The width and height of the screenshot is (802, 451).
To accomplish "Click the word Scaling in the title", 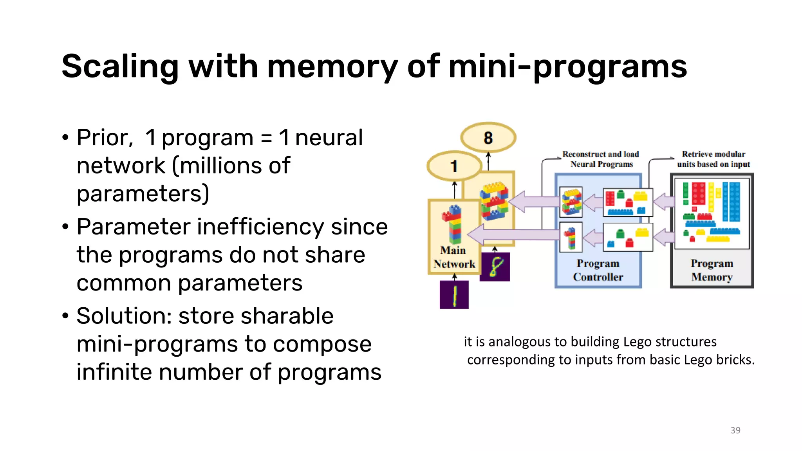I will pos(120,67).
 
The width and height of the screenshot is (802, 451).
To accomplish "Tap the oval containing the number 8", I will pos(488,137).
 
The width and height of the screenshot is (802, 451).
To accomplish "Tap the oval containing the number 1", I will pos(454,166).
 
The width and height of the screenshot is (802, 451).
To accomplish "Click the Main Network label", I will pos(453,257).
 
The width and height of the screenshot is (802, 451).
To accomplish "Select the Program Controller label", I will pos(598,270).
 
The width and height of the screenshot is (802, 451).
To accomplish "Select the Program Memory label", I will pos(712,270).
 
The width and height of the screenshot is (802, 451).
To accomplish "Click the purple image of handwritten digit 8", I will pos(495,267).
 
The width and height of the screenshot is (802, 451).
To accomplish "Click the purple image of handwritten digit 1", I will pos(454,294).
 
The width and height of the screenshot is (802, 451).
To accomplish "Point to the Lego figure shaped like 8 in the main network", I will pos(494,201).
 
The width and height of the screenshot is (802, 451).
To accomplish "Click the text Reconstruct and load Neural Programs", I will pos(601,159).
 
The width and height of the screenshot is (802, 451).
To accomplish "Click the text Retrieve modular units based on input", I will pos(713,159).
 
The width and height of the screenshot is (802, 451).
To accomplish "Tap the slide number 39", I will pos(735,430).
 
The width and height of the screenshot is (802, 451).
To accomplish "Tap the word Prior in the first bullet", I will pos(103,138).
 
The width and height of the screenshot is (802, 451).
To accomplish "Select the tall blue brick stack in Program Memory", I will pos(731,201).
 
